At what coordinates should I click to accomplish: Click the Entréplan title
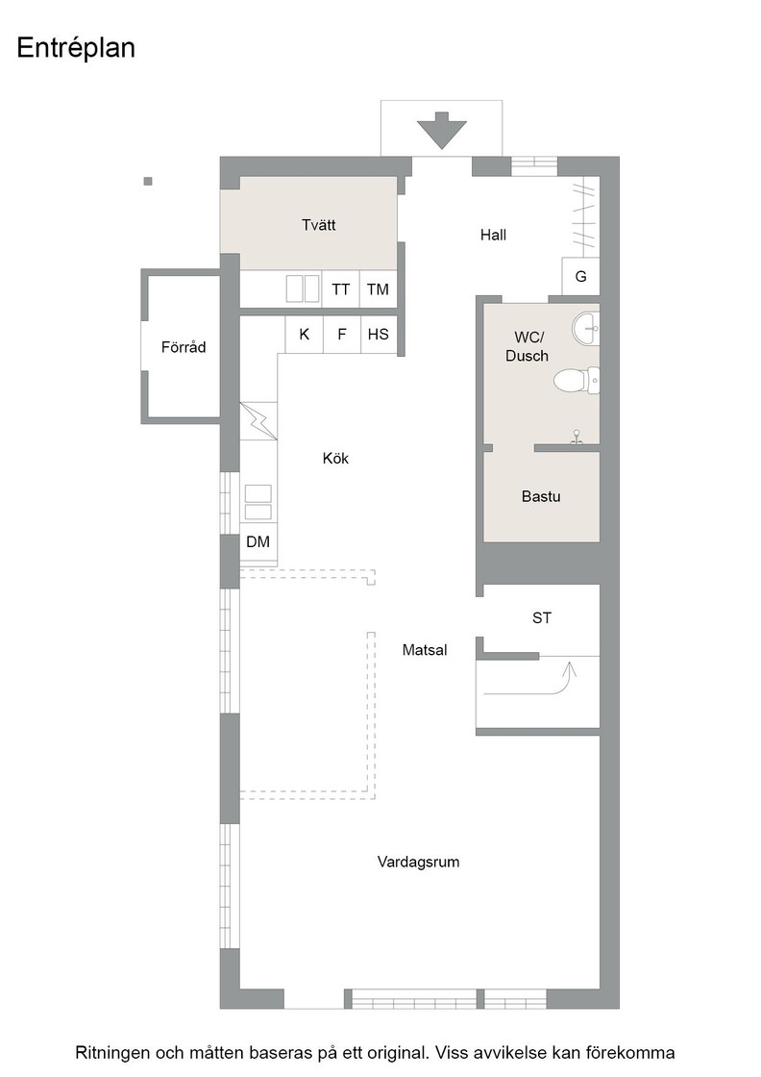pos(76,48)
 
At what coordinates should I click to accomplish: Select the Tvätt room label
pos(318,225)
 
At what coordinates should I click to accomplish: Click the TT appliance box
pos(340,289)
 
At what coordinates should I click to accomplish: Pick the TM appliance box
pos(379,289)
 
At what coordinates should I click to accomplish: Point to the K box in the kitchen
pos(304,335)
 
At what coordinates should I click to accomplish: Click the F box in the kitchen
pos(342,335)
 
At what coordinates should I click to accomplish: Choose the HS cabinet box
pos(379,335)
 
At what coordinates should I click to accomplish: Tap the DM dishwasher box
pos(258,542)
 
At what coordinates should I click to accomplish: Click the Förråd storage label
pos(184,347)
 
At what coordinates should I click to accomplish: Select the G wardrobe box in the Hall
pos(580,277)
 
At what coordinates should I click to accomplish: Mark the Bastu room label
pos(541,496)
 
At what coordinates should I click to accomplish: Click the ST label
pos(541,618)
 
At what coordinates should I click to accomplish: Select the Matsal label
pos(424,650)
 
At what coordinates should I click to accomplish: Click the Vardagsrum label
pos(418,862)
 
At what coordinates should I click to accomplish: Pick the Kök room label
pos(335,458)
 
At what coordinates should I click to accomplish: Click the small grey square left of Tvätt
pos(148,182)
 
